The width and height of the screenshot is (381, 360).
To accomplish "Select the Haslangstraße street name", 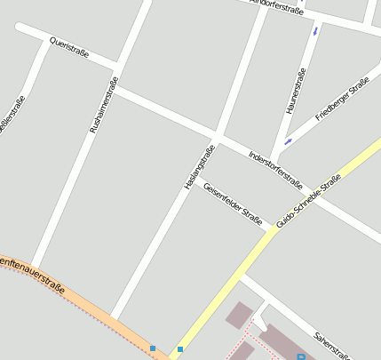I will point(200,166).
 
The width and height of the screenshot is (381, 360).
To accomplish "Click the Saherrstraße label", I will point(331,346).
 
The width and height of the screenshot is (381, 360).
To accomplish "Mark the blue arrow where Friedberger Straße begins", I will point(287,140).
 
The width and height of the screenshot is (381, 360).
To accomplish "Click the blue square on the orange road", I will point(153,348).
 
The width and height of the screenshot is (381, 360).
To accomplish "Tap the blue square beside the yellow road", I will point(180,349).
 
